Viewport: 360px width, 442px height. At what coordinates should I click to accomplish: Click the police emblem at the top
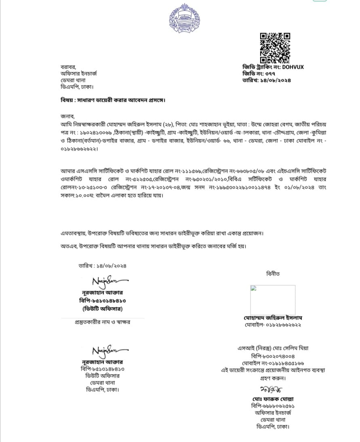pos(181,17)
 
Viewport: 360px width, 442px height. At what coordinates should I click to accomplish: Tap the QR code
pos(275,47)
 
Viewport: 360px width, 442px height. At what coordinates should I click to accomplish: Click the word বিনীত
pos(273,274)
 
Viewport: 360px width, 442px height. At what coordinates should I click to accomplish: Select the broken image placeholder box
pos(273,299)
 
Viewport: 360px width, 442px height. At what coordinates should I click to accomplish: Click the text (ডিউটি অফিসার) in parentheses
pos(102,309)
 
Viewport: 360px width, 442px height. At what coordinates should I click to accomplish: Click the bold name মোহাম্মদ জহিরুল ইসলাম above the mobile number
pos(273,318)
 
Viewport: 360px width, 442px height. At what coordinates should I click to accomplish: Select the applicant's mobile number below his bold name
pos(273,325)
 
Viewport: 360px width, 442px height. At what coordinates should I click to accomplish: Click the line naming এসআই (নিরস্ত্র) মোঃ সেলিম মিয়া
pos(273,348)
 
